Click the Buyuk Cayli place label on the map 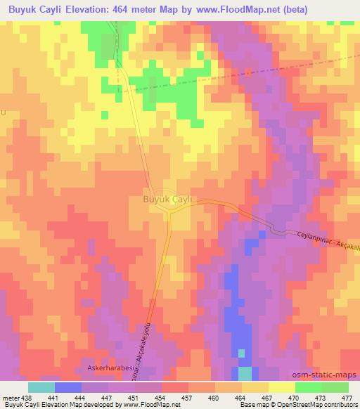coord(168,199)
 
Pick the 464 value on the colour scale coord(240,397)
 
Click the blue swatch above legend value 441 coord(67,387)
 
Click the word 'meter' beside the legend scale coord(10,397)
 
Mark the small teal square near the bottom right coord(245,372)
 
